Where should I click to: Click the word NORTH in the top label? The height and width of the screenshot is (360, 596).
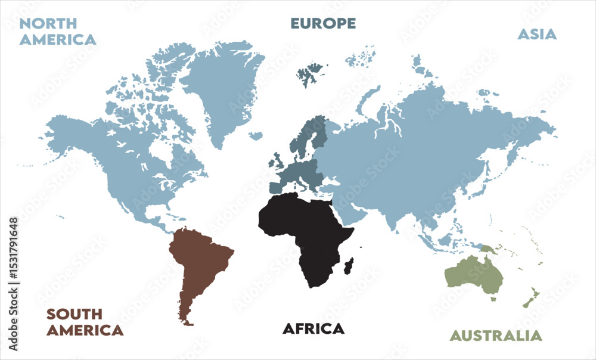48,24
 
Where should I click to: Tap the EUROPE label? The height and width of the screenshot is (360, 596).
323,24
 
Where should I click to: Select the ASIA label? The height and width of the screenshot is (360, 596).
536,34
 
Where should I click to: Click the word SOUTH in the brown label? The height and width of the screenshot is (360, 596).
74,314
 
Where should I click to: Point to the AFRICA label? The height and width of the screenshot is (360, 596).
313,328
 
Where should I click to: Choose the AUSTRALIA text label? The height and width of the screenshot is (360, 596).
496,336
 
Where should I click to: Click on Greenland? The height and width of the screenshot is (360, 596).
221,83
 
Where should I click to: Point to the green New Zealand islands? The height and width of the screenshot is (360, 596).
531,298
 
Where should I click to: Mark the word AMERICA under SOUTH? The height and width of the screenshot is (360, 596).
85,330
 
